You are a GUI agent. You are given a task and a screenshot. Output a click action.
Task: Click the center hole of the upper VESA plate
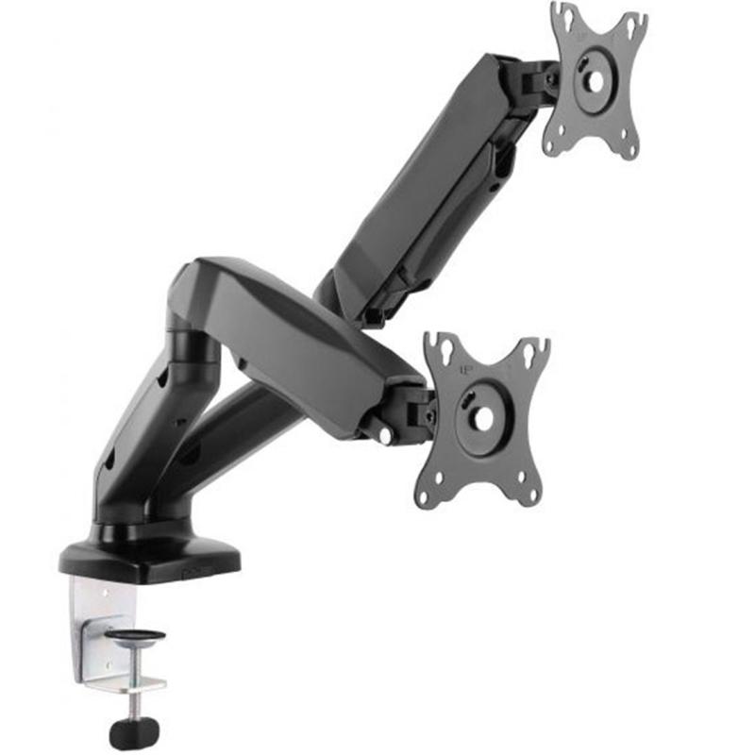[595, 80]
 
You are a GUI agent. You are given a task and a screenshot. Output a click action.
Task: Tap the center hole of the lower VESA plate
[481, 418]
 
